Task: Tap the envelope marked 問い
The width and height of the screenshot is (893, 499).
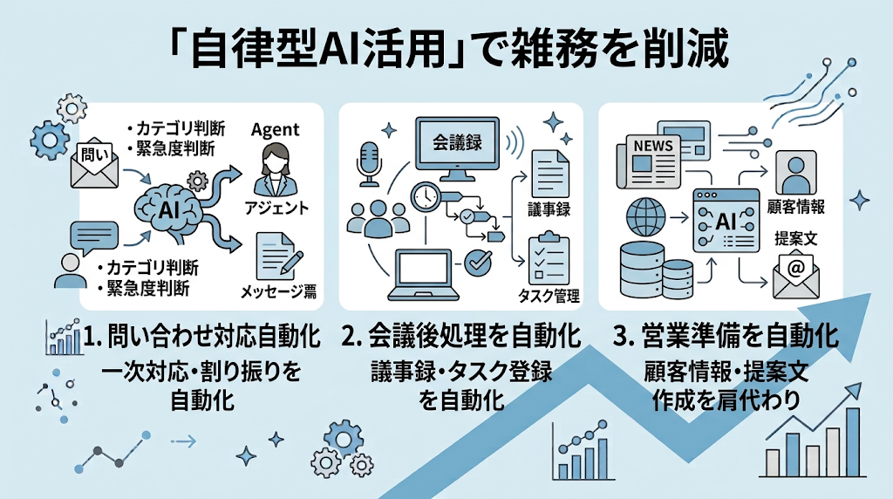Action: [94, 164]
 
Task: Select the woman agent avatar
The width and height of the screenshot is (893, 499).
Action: [275, 170]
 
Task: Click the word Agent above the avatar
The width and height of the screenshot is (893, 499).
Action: [275, 131]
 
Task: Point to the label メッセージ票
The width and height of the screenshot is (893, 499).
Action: [278, 291]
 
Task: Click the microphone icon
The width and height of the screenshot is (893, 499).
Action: [369, 163]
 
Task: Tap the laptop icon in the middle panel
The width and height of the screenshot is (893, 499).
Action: [423, 275]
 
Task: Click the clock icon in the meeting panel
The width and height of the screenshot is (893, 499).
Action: [425, 196]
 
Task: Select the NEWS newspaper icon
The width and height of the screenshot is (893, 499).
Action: [649, 161]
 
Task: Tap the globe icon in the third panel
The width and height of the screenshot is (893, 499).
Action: [646, 217]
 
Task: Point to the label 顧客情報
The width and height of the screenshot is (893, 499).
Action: [796, 206]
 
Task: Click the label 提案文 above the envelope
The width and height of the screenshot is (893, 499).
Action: [796, 238]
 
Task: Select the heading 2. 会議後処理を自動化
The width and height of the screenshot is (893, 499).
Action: [460, 336]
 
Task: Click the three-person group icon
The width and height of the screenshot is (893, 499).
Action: [378, 218]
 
